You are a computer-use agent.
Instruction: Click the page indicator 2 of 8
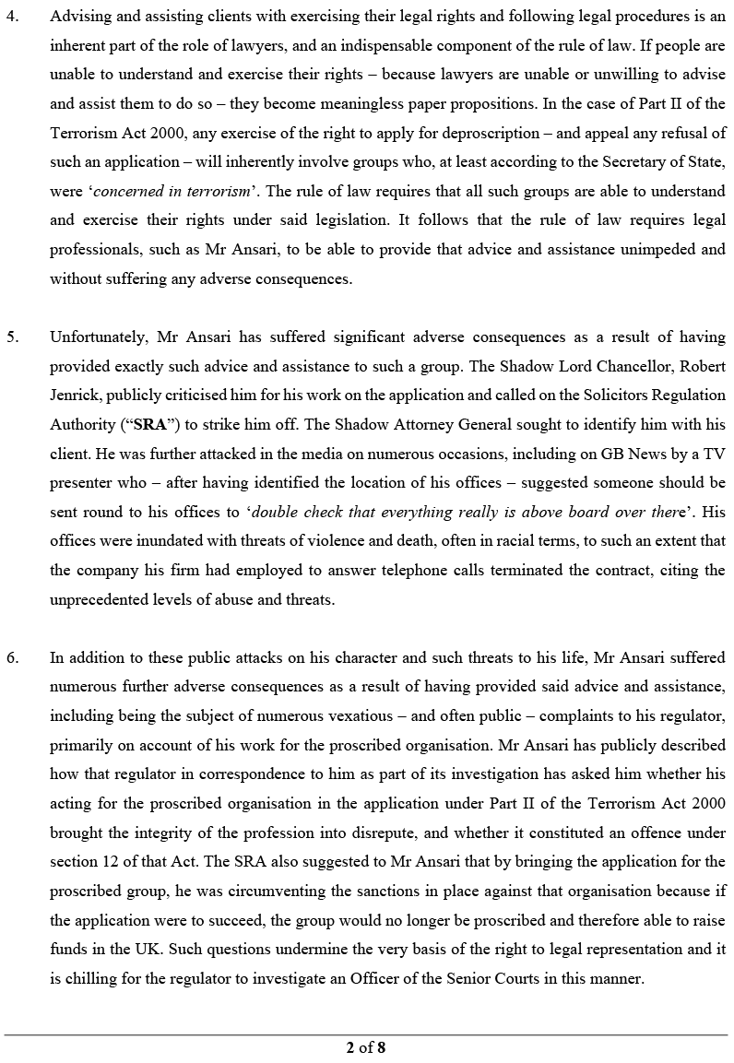[366, 1046]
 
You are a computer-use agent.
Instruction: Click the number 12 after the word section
[115, 861]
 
